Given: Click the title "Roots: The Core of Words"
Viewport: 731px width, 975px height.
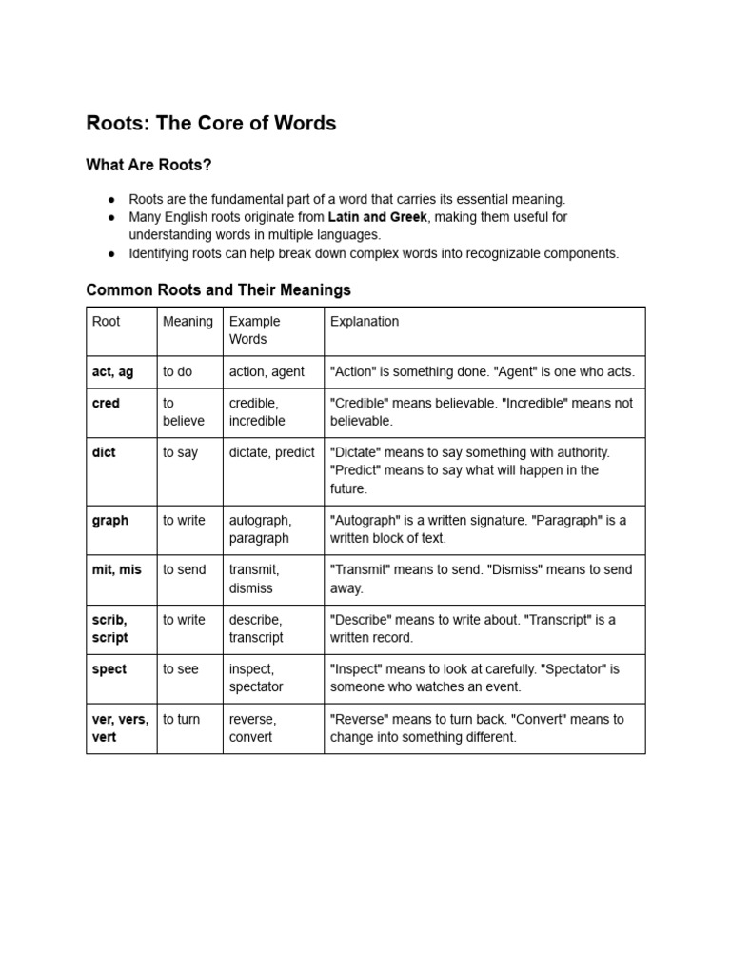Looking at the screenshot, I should click(210, 124).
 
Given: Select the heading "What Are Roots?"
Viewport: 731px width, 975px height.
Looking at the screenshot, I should click(148, 166).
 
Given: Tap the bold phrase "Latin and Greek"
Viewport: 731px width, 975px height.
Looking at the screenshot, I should click(377, 217).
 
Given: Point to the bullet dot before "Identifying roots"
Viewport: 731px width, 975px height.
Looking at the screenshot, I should click(112, 253).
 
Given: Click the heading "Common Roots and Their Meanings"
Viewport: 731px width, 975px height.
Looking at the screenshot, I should click(218, 289).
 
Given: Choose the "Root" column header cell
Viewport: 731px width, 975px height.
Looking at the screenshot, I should click(106, 322).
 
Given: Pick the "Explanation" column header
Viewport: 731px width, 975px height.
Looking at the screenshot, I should click(364, 322).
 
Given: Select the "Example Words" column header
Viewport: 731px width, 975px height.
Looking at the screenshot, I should click(254, 330).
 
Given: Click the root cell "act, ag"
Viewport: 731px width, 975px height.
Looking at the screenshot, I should click(112, 372).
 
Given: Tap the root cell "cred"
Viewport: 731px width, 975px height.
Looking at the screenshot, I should click(106, 404).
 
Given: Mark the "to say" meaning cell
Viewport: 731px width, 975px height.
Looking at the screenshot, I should click(180, 453).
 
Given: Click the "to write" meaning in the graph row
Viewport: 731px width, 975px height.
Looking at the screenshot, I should click(184, 521).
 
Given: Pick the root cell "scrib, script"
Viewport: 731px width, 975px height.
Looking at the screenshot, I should click(110, 628).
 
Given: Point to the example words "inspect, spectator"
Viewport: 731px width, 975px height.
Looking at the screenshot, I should click(255, 678).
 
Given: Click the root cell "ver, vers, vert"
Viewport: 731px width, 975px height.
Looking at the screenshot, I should click(120, 728).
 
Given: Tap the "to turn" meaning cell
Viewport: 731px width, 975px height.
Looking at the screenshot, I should click(181, 720).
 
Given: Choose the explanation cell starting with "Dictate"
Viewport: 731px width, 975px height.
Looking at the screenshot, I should click(470, 470).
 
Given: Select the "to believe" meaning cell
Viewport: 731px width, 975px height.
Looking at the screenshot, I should click(183, 412).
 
